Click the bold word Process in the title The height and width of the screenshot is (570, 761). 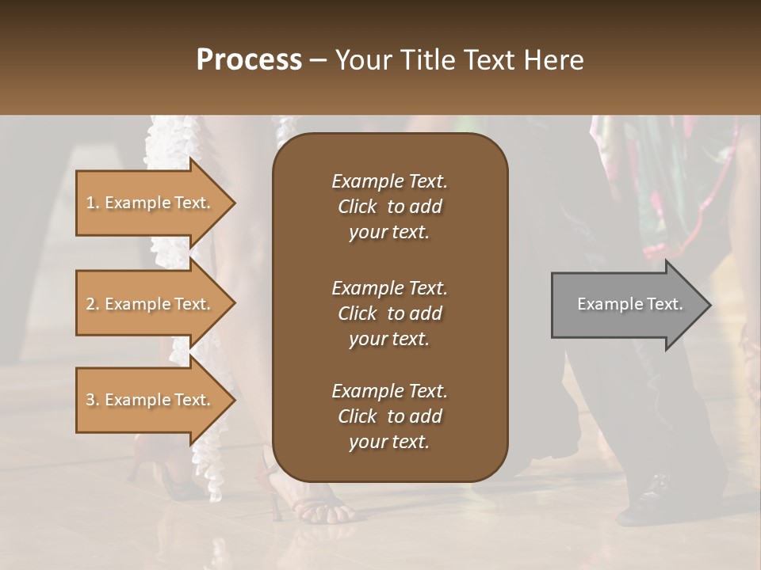(x=249, y=59)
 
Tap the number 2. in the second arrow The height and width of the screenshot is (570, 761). (x=93, y=304)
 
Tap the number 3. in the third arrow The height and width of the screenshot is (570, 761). (x=93, y=400)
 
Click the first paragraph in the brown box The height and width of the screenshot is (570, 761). (x=389, y=207)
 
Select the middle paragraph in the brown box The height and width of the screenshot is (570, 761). (x=389, y=313)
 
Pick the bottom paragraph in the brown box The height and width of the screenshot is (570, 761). (x=389, y=416)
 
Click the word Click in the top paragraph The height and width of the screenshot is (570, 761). (x=358, y=207)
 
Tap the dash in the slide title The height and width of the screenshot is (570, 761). (x=319, y=60)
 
